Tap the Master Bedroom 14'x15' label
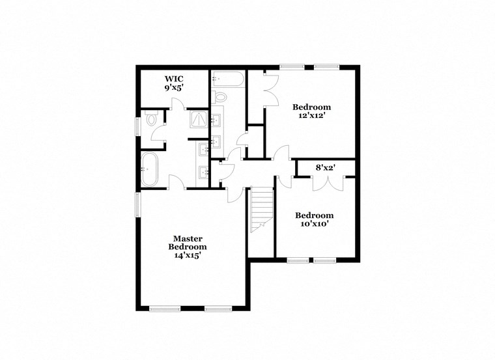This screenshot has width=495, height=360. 188,247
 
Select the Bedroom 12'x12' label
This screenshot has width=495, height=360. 311,111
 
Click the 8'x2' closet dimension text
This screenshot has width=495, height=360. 325,167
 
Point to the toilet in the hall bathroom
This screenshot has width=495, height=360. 219,98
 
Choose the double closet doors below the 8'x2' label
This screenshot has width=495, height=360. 325,182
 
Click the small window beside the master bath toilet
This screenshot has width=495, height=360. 137,126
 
